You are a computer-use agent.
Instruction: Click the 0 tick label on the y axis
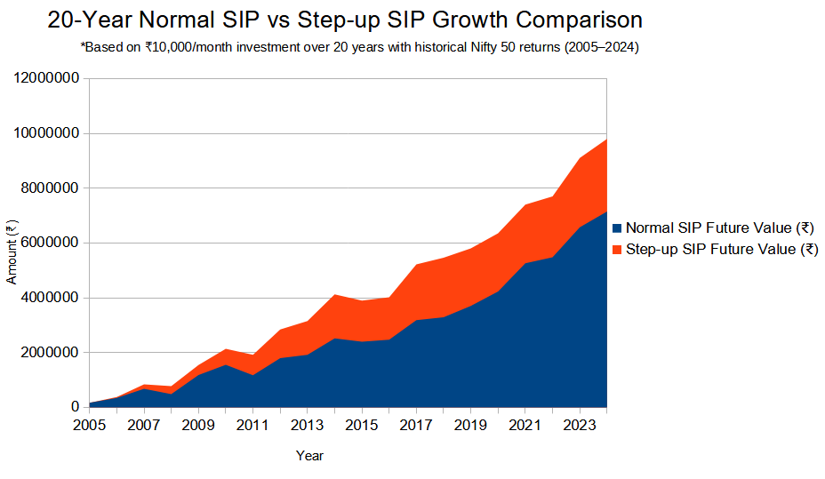[76, 407]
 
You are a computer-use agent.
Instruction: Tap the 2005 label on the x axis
[90, 425]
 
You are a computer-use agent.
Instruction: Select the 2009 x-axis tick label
[198, 425]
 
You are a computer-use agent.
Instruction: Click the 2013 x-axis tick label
[308, 425]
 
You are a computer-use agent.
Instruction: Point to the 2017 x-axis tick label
[416, 425]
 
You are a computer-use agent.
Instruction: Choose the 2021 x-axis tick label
[525, 425]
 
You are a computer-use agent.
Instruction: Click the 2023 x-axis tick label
[580, 425]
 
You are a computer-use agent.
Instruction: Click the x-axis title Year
[309, 456]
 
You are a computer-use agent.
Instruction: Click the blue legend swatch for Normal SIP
[618, 228]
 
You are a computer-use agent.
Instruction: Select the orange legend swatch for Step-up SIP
[618, 250]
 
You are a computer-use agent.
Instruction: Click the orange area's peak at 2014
[334, 296]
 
